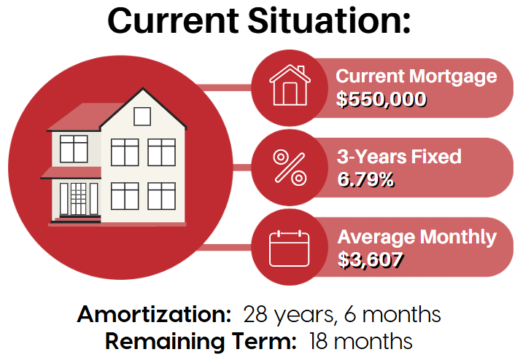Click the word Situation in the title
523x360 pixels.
click(x=328, y=20)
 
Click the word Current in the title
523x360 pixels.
click(x=173, y=20)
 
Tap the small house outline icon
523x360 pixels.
click(x=290, y=85)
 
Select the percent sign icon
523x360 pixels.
click(x=290, y=168)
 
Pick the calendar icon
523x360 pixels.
click(x=289, y=249)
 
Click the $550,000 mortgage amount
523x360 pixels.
click(x=381, y=99)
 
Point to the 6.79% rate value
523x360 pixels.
click(x=365, y=180)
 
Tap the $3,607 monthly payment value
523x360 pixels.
click(x=371, y=259)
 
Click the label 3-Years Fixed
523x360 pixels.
click(x=399, y=157)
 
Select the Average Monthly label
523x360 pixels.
click(x=417, y=238)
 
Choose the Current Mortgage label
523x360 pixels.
click(x=417, y=77)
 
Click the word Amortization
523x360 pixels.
click(x=154, y=314)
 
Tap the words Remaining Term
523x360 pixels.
click(x=201, y=341)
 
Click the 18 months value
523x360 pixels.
click(x=360, y=341)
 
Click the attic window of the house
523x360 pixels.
click(x=142, y=117)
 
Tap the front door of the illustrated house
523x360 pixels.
click(x=78, y=199)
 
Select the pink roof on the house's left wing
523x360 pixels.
click(x=85, y=117)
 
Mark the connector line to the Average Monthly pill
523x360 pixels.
click(x=226, y=247)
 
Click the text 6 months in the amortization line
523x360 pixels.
click(x=392, y=314)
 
